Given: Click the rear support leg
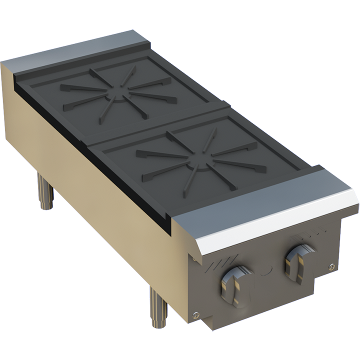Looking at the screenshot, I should [47, 192].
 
